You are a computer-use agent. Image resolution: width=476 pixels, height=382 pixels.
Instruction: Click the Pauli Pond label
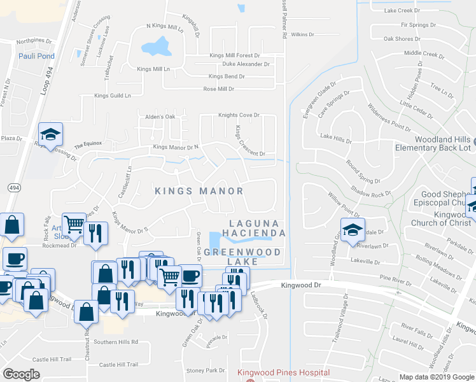[36, 56]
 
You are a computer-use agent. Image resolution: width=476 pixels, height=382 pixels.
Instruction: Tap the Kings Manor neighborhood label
[199, 191]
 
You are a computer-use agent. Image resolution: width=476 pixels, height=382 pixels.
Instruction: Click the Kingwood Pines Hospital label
[283, 372]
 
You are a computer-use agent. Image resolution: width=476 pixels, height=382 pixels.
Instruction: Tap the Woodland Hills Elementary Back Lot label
[433, 143]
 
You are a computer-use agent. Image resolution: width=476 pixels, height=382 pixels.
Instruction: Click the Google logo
[22, 374]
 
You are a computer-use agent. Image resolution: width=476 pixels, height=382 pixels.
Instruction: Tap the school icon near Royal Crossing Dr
[50, 134]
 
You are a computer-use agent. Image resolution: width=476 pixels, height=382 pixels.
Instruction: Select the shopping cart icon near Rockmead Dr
[74, 223]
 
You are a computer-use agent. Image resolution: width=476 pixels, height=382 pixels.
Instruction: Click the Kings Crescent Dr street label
[249, 141]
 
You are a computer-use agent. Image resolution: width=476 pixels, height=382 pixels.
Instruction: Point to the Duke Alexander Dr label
[246, 64]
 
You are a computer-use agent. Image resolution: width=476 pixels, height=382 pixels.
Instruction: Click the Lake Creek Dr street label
[402, 11]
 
